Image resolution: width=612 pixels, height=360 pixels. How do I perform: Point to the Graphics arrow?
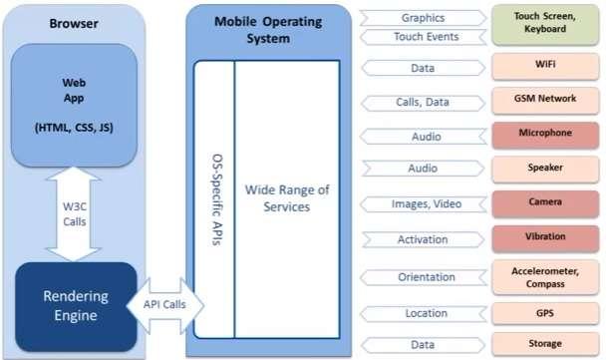tap(423, 17)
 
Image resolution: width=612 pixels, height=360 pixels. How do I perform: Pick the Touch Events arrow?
tap(423, 37)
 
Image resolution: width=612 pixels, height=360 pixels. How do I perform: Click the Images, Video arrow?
tap(423, 203)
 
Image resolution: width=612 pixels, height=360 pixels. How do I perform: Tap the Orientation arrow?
tap(423, 276)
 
